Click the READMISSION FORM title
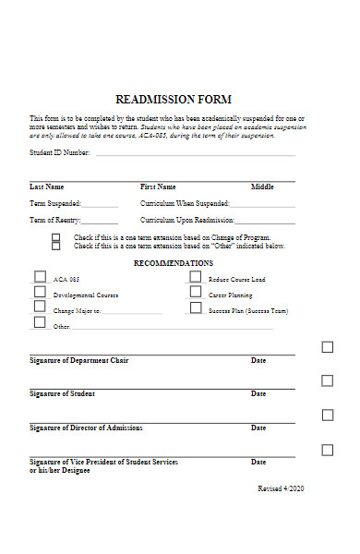[x=174, y=99]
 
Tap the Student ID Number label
[x=60, y=152]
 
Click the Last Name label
[x=47, y=187]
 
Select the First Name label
[x=158, y=187]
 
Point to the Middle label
[x=262, y=187]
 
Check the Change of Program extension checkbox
[x=55, y=237]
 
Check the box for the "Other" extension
[x=55, y=247]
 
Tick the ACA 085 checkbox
[x=40, y=276]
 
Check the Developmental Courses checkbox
[x=40, y=293]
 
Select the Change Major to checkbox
[x=40, y=307]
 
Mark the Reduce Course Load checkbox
[x=196, y=276]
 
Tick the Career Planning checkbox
[x=196, y=292]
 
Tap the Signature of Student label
[x=62, y=393]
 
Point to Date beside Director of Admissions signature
[x=258, y=428]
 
